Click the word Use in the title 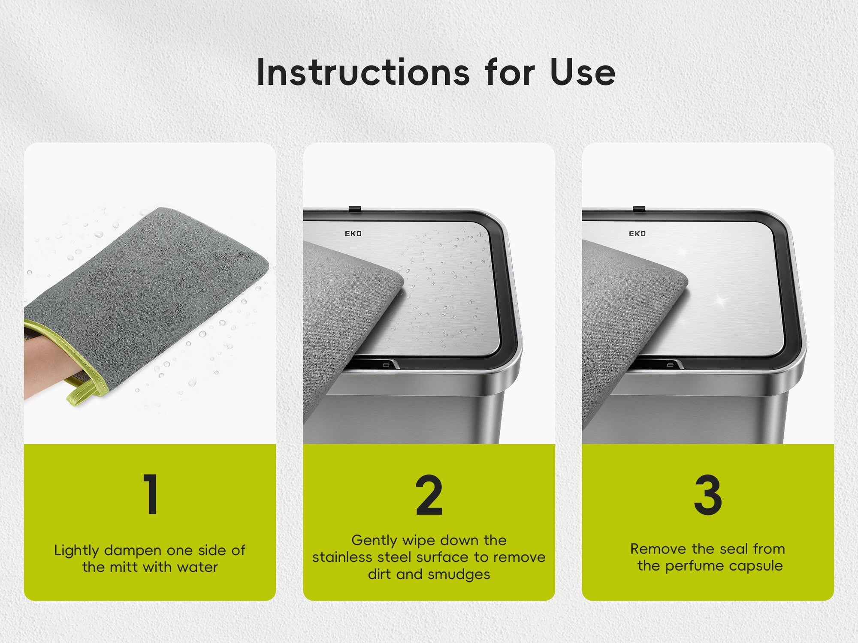[583, 72]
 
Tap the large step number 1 [151, 494]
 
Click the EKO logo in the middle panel [353, 234]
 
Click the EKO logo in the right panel [637, 234]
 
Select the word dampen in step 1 [133, 550]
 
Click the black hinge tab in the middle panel [355, 209]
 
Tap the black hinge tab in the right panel [639, 209]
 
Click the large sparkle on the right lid [720, 301]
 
